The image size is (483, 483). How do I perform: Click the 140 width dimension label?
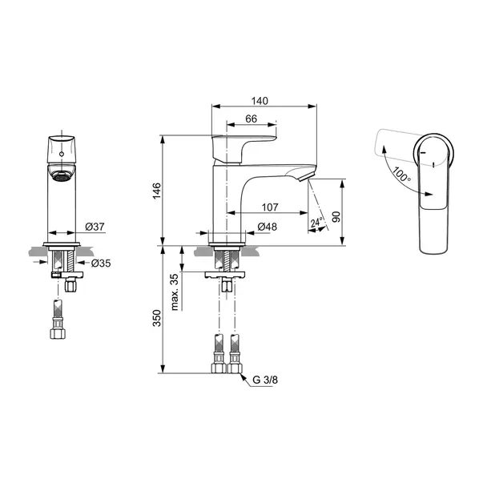pos(260,101)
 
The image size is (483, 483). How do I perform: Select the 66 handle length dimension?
pos(251,119)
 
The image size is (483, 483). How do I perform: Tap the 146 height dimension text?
pos(157,191)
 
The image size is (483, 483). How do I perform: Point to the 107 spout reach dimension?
pos(270,207)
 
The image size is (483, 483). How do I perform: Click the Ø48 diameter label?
pos(267,227)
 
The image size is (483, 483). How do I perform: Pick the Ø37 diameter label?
pos(95,227)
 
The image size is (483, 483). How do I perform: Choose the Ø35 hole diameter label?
pos(101,264)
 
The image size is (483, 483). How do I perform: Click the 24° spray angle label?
pos(316,222)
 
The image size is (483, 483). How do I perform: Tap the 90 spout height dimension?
pos(336,217)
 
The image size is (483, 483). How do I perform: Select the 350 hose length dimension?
pos(157,318)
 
